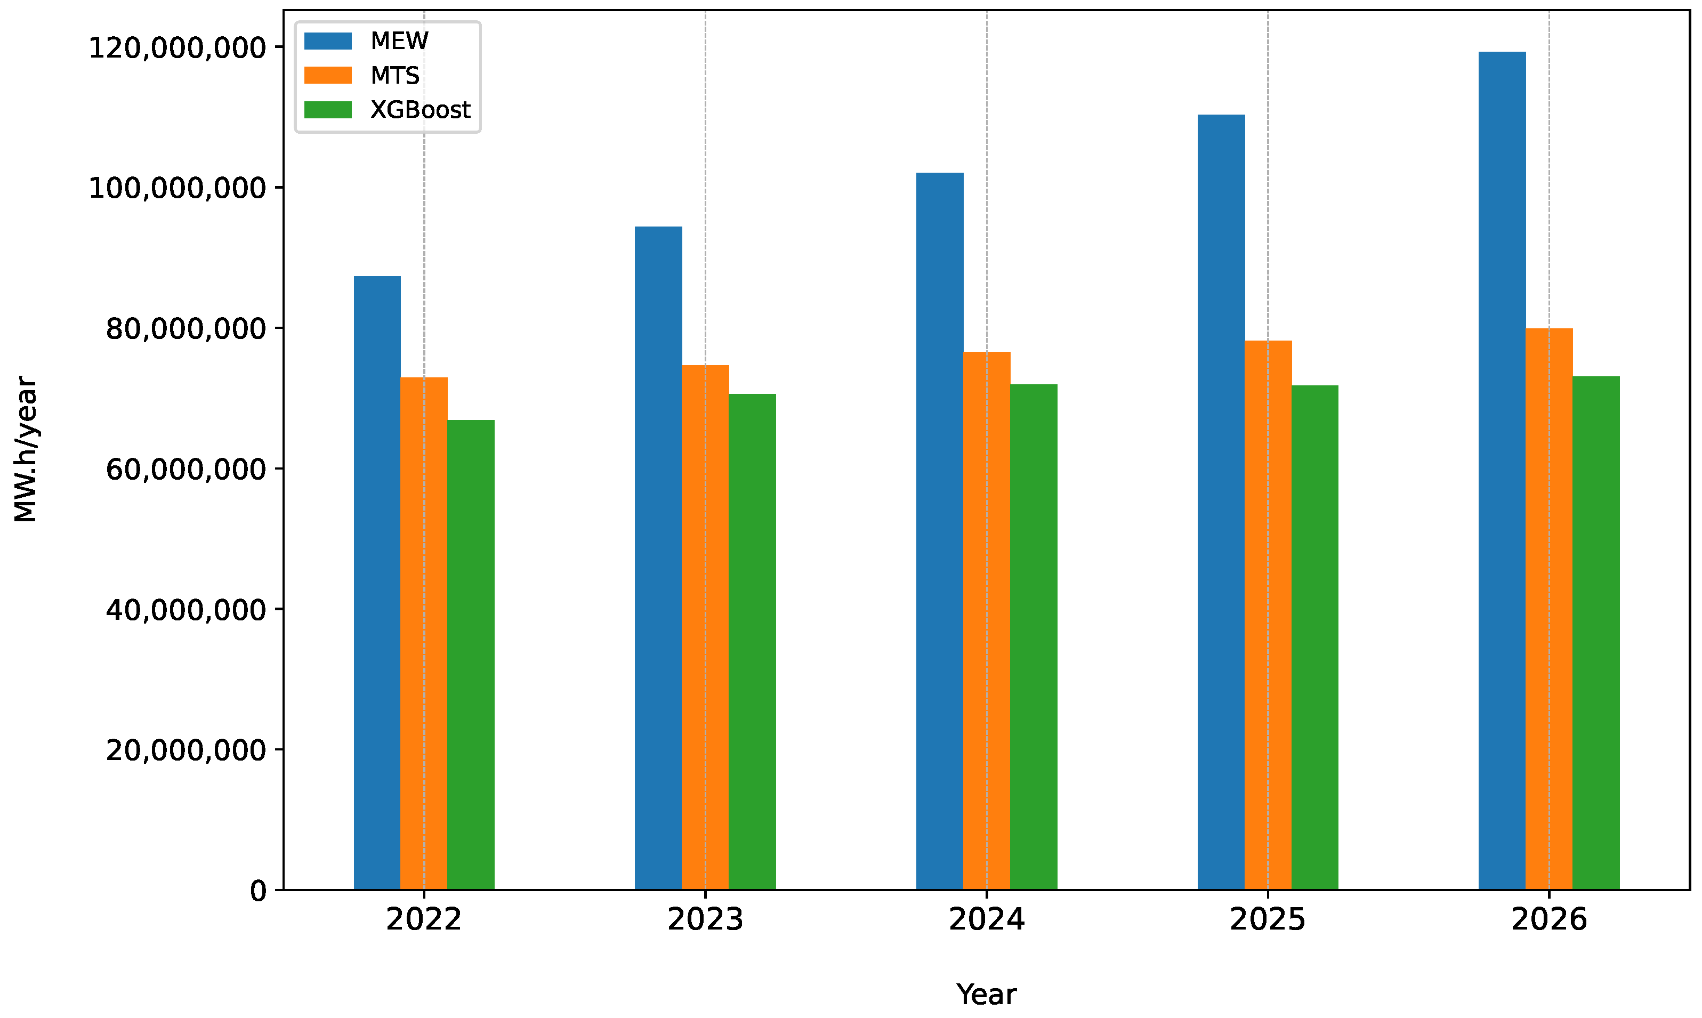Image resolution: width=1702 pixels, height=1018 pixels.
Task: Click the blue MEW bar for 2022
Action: click(x=377, y=583)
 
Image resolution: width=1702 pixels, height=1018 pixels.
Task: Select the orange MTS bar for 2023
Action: click(x=705, y=628)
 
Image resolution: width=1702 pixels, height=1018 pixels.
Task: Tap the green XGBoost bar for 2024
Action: click(x=1033, y=637)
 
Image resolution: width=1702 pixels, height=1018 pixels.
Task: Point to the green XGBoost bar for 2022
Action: click(x=471, y=655)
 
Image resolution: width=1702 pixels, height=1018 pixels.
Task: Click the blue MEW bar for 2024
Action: click(x=939, y=531)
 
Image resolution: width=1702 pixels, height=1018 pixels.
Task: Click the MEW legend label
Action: click(x=399, y=41)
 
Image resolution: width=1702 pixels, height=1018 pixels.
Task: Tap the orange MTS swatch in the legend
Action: click(x=328, y=76)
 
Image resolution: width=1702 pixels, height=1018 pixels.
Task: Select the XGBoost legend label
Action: click(x=420, y=110)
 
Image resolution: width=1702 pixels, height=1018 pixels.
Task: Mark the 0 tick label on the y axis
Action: click(x=258, y=891)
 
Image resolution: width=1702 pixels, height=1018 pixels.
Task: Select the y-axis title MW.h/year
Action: click(x=26, y=449)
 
